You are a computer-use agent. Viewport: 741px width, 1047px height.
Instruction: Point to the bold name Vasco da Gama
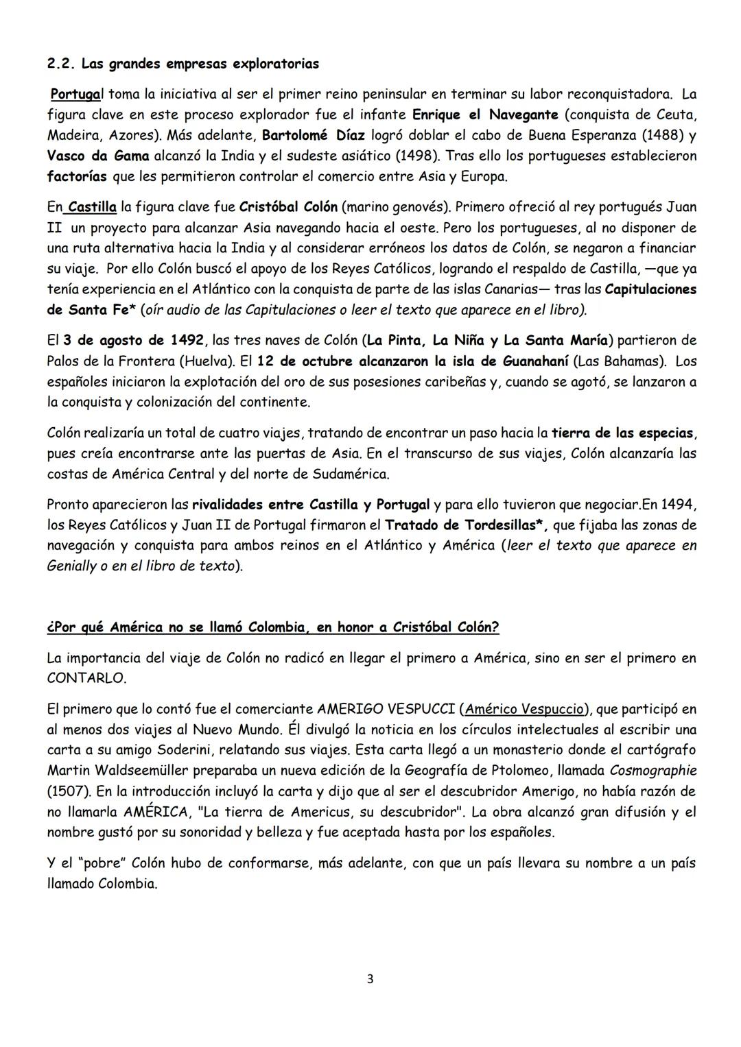tap(97, 156)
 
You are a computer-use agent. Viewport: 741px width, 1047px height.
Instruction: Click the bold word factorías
tap(77, 176)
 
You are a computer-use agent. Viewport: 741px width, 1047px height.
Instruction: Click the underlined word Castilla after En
tap(92, 206)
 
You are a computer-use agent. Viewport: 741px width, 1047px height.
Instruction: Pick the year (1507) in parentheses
tap(68, 791)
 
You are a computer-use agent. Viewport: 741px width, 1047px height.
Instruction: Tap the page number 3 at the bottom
tap(370, 979)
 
